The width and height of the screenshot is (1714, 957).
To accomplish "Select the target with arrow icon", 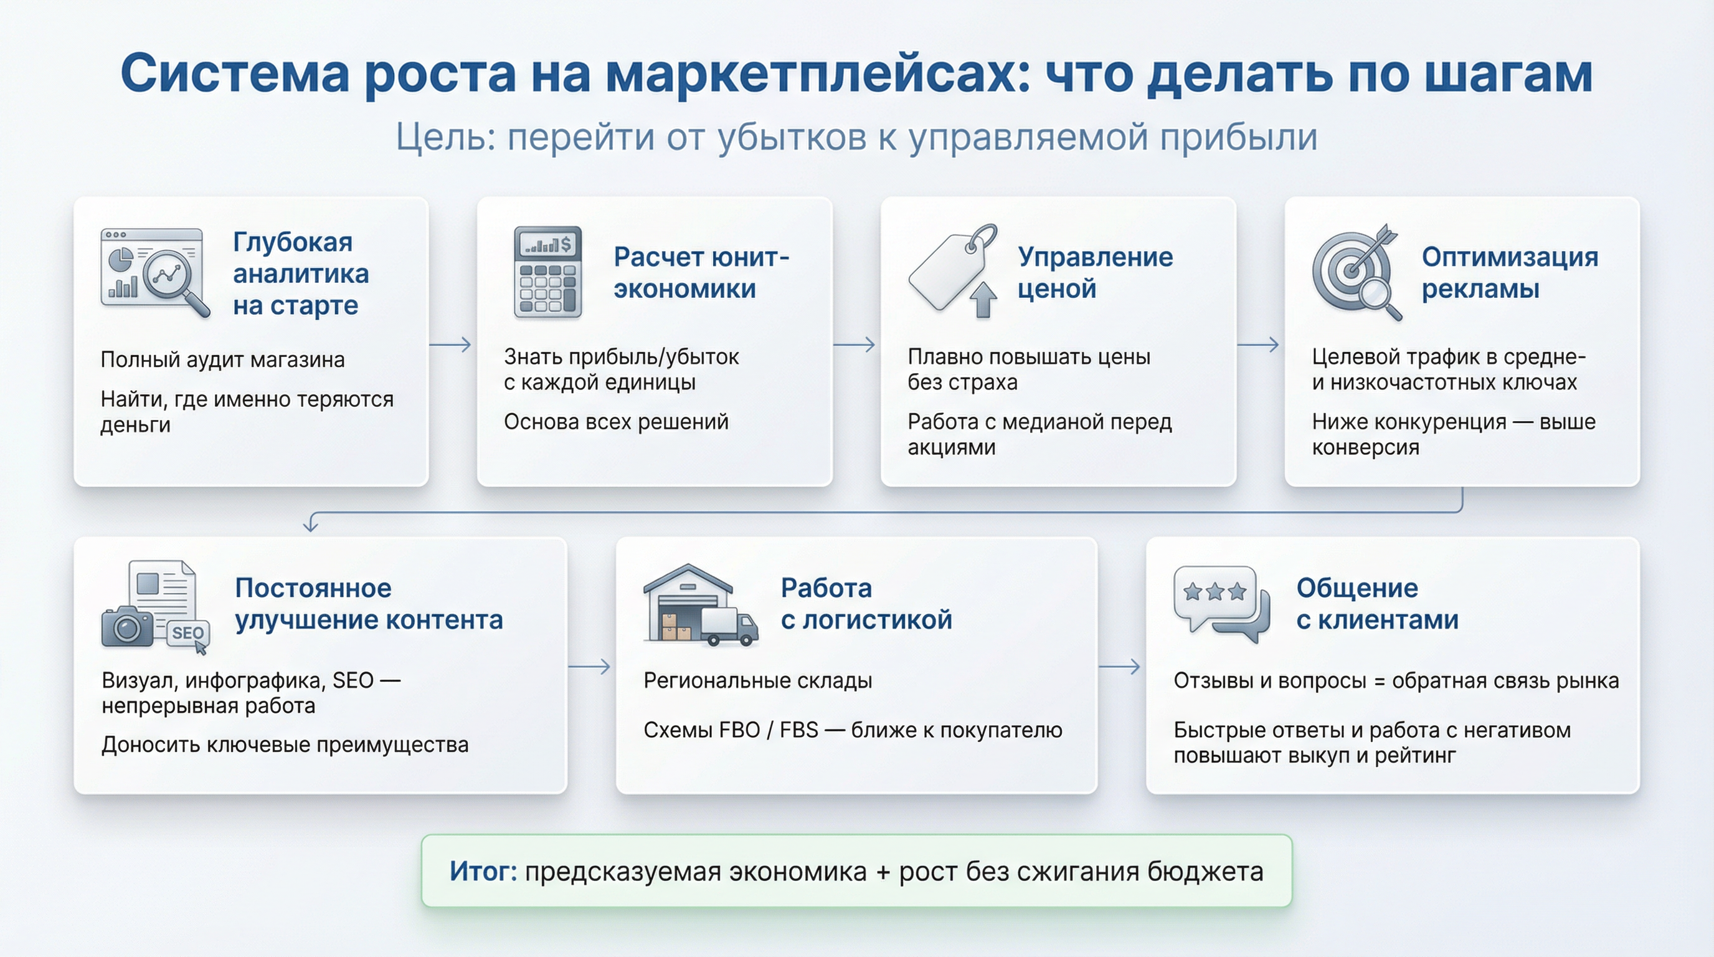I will click(x=1353, y=269).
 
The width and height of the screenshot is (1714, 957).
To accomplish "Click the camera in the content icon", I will click(x=126, y=626).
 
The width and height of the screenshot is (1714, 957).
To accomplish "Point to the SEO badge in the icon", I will click(x=187, y=633).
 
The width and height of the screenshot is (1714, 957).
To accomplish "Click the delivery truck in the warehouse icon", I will click(x=728, y=626).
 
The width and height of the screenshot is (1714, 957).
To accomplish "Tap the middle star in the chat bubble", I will click(x=1215, y=592).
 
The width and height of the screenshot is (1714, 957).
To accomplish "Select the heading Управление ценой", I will click(x=1094, y=272).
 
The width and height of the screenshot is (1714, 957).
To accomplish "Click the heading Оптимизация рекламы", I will click(x=1509, y=272).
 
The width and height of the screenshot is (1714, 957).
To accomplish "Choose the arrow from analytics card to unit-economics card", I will click(x=450, y=345).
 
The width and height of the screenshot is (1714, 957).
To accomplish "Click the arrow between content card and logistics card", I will click(x=590, y=666).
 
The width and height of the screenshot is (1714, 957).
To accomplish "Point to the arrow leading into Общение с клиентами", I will click(x=1120, y=666).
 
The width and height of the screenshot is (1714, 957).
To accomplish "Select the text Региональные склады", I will click(x=757, y=681).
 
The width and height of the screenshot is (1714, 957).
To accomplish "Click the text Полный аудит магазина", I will click(x=222, y=360).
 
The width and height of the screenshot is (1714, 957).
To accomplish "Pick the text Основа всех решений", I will click(x=615, y=422).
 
